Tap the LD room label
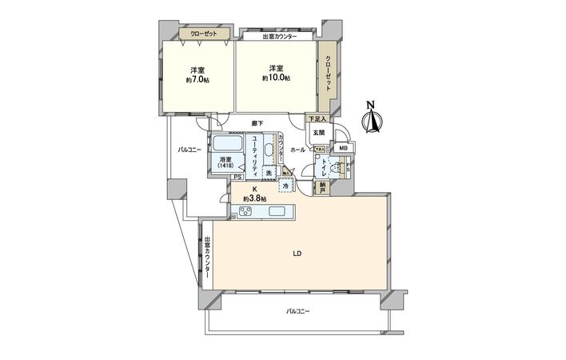[296, 254]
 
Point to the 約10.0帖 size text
[276, 78]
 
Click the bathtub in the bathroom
[228, 146]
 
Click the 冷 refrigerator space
[286, 186]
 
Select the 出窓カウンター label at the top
[279, 37]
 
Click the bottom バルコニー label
[297, 310]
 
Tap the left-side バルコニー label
[189, 150]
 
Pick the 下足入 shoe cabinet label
[317, 119]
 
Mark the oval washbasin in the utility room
[269, 150]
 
